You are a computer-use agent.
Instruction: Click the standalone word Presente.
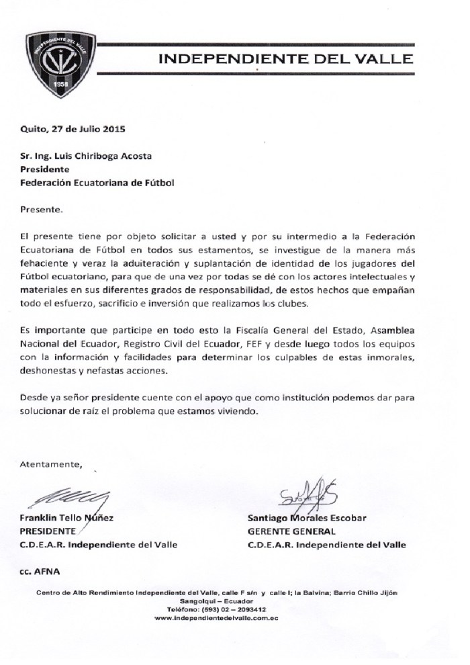coord(41,209)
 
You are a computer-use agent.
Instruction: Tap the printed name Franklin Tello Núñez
coord(67,519)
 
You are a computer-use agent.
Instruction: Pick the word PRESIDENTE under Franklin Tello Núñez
coord(49,531)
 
